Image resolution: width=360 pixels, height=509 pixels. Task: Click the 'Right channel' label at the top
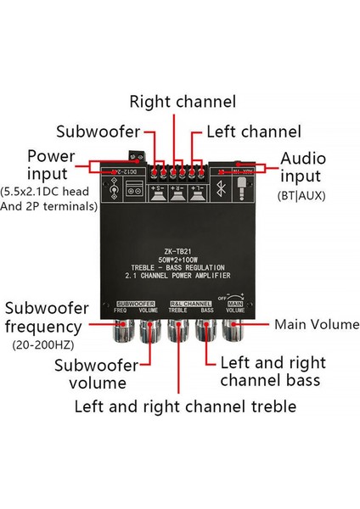182,103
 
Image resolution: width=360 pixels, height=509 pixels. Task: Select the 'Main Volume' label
317,325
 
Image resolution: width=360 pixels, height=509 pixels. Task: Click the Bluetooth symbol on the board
220,189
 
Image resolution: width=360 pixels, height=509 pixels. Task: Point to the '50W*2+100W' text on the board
180,260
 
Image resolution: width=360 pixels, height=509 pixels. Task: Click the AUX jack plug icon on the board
243,189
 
